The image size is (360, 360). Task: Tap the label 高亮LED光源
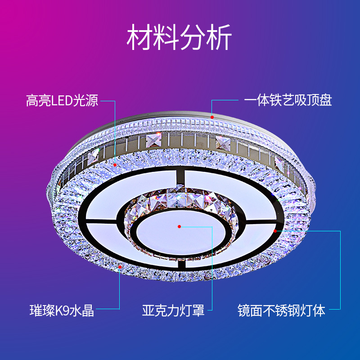click(62, 100)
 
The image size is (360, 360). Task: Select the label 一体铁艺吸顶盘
click(288, 100)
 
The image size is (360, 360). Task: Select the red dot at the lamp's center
click(179, 226)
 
